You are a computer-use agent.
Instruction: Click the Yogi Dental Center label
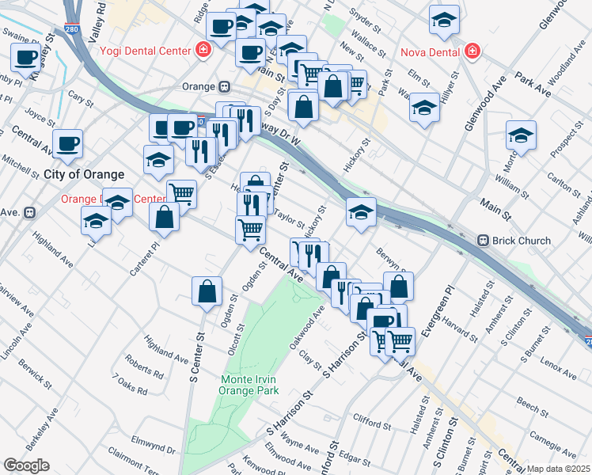pos(146,51)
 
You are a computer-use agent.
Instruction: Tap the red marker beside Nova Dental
pos(472,51)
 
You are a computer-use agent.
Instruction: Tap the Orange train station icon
pos(225,86)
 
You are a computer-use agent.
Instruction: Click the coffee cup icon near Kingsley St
pos(26,57)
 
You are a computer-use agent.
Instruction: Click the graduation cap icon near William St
pos(521,135)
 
